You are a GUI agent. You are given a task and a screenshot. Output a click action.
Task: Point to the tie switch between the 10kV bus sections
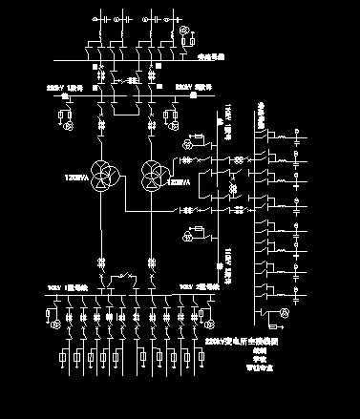123,281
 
